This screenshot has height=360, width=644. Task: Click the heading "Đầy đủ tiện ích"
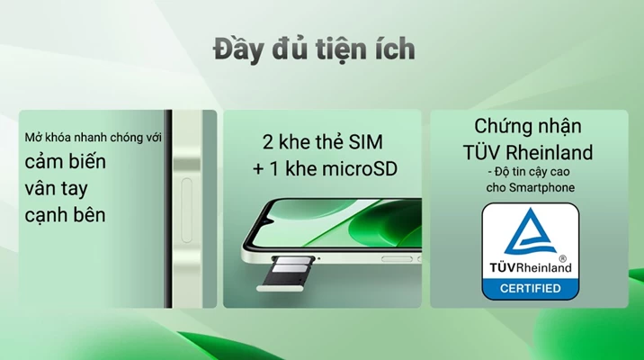click(x=314, y=49)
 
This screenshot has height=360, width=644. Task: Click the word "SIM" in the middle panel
click(x=365, y=142)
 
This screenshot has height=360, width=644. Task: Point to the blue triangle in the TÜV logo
click(x=530, y=231)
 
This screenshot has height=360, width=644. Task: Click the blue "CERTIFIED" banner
click(x=531, y=289)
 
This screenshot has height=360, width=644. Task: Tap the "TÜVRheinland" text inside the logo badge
click(x=531, y=268)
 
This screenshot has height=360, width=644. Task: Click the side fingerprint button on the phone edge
click(x=187, y=210)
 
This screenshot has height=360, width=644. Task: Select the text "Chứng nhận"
click(x=528, y=126)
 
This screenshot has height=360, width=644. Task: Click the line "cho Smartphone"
click(x=531, y=188)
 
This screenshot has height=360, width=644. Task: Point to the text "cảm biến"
click(x=66, y=161)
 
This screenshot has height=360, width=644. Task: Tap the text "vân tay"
click(x=57, y=189)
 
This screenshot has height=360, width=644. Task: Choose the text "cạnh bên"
click(x=65, y=215)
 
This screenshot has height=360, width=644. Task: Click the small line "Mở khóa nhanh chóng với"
click(x=93, y=138)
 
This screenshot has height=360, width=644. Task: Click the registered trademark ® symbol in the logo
click(x=563, y=258)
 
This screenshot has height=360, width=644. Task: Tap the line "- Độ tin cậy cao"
click(x=528, y=172)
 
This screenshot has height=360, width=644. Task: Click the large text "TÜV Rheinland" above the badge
click(x=528, y=152)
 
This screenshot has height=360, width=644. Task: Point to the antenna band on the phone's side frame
click(x=187, y=164)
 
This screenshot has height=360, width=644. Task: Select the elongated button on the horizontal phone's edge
click(x=397, y=259)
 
